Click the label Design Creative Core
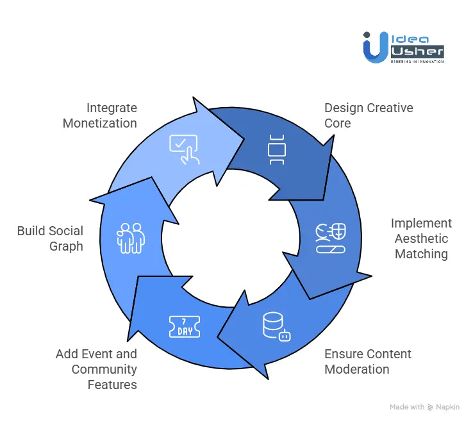369,115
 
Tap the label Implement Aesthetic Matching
421,238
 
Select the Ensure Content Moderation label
368,361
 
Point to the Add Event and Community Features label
96,369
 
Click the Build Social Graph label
50,238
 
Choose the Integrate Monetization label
100,115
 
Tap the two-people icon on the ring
131,236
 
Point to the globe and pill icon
331,238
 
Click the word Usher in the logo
417,51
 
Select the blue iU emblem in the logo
374,47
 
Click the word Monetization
100,123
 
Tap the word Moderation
357,369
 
